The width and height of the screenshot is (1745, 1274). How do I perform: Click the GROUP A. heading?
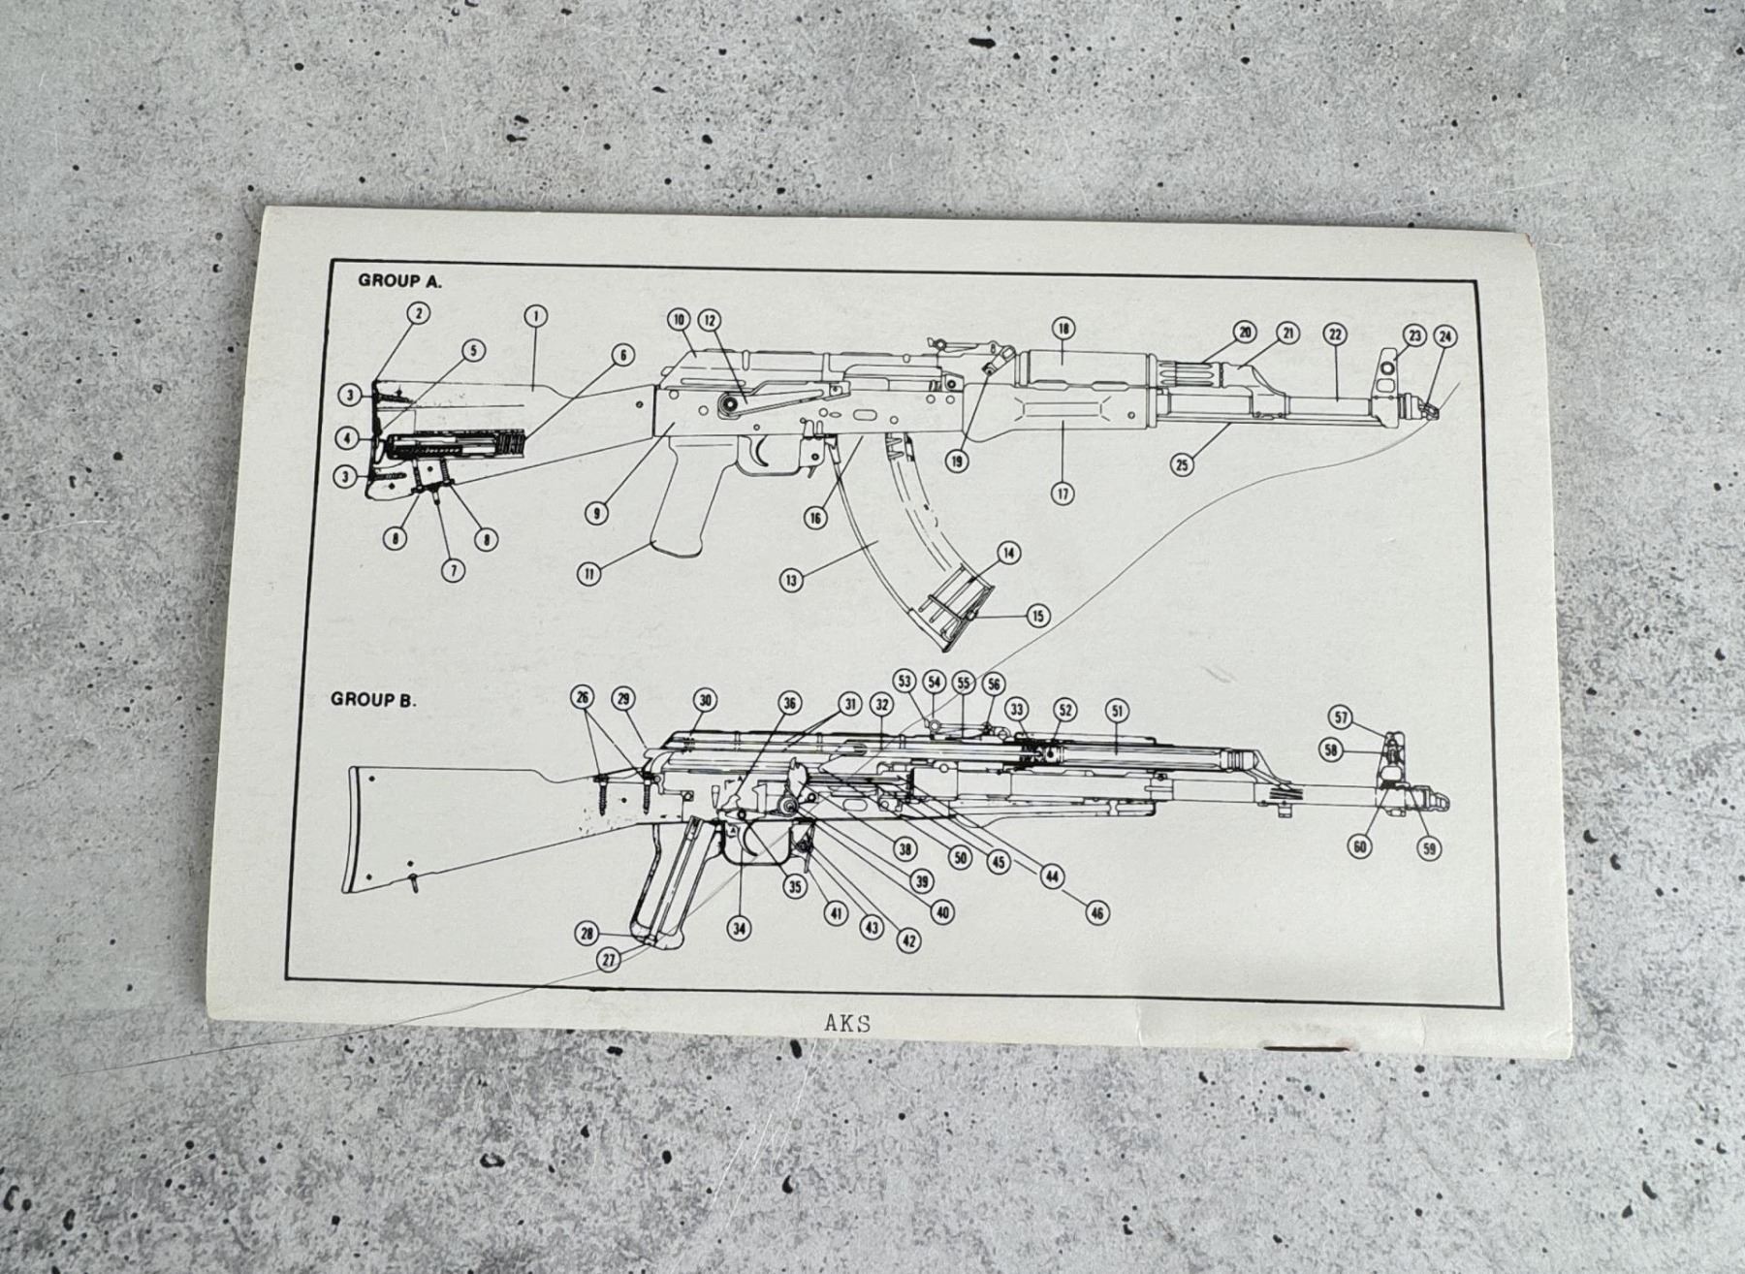pos(399,280)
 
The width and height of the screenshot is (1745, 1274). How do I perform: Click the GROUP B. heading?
pos(373,699)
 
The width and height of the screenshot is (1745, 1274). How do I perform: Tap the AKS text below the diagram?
pos(846,1023)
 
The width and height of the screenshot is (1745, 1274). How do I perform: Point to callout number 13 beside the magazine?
pos(792,580)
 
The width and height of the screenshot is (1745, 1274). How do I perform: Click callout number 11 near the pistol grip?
pos(588,573)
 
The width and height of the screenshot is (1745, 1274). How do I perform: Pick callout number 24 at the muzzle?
pos(1444,336)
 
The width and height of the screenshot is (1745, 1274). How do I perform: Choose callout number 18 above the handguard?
pos(1063,329)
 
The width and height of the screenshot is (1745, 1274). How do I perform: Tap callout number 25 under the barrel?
pos(1182,464)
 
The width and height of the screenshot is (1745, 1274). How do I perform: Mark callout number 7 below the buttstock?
pos(453,569)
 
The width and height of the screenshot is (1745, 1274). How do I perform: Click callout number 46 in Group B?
pos(1096,912)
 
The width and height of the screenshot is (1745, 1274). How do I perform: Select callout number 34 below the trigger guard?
pos(740,928)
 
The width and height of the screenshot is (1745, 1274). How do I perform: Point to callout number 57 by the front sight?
pos(1341,718)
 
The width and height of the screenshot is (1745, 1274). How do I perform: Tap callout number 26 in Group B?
pos(582,697)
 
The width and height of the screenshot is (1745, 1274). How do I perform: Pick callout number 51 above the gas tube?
pos(1117,711)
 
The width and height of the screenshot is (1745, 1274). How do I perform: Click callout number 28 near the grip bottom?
pos(587,934)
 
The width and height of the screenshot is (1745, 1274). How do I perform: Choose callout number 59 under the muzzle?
pos(1428,848)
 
